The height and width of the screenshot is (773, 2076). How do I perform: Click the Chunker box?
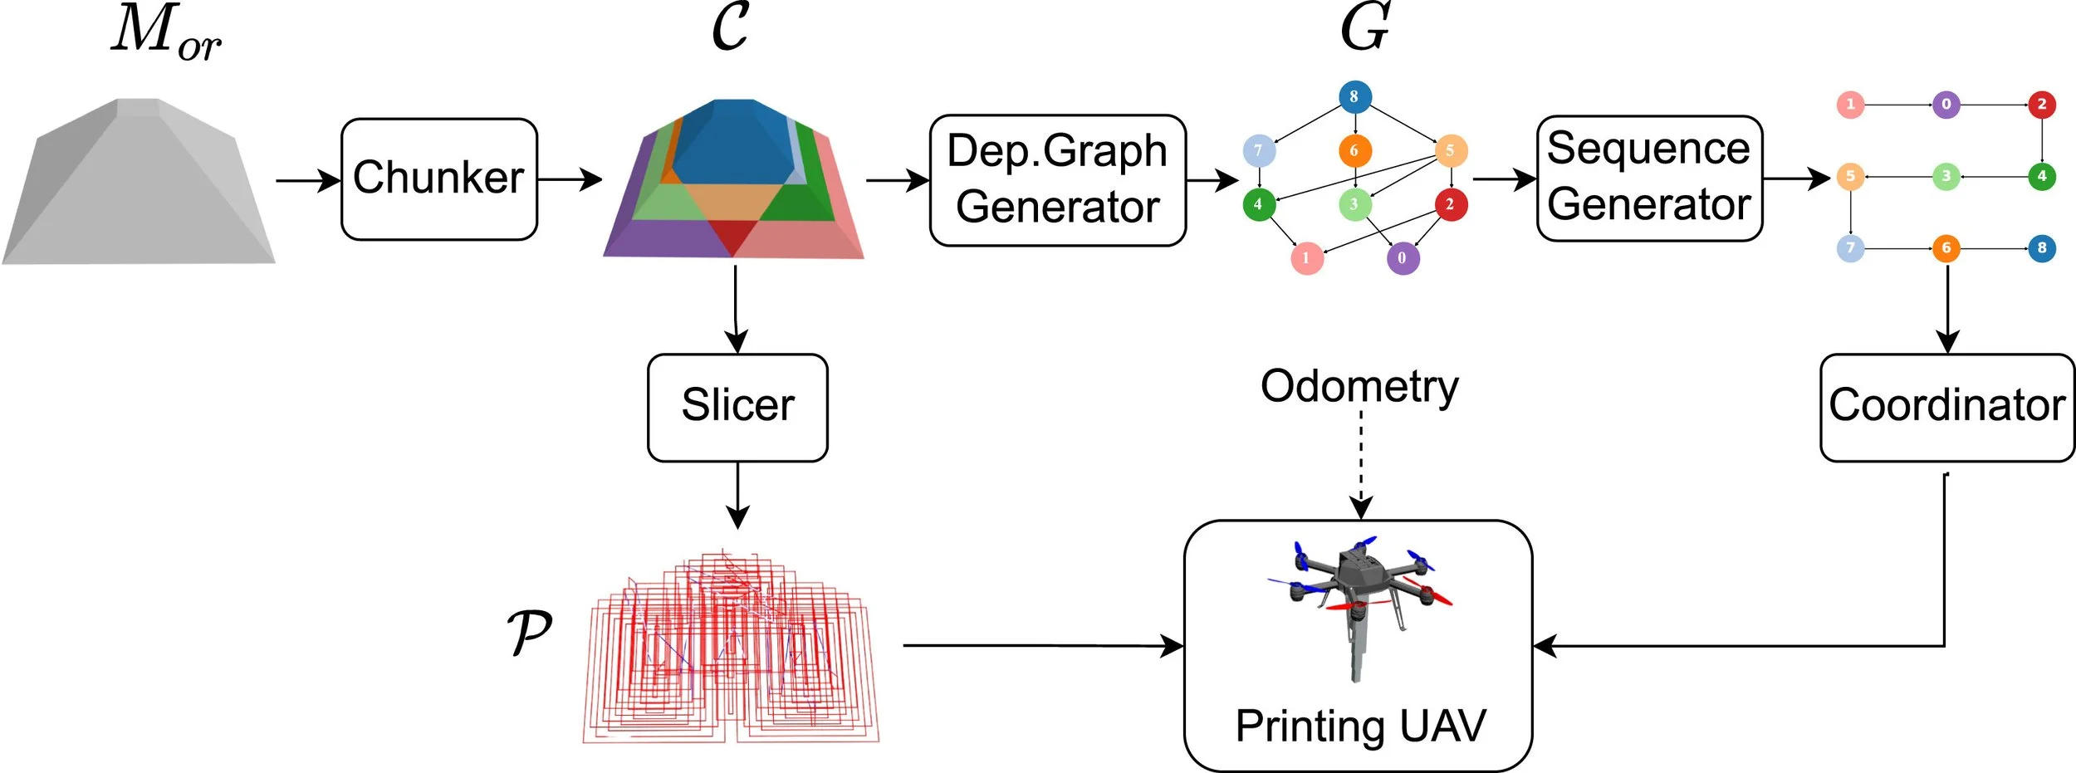[x=438, y=179]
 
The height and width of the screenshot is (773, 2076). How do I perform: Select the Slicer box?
[x=737, y=408]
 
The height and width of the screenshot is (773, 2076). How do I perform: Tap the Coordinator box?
[x=1946, y=408]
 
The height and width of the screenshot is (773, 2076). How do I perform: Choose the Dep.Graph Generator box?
[x=1057, y=180]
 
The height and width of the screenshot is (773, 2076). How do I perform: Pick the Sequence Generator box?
[x=1649, y=179]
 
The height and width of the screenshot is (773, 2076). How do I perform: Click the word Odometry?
[x=1359, y=386]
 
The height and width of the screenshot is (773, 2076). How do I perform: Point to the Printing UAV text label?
[x=1360, y=726]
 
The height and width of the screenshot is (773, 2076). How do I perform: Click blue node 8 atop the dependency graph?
[x=1354, y=96]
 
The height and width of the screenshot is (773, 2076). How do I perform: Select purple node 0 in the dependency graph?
[x=1403, y=258]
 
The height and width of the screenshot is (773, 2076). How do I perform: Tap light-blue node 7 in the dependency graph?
[x=1258, y=150]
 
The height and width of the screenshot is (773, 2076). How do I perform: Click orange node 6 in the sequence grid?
[x=1946, y=247]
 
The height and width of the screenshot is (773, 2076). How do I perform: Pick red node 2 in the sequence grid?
[x=2042, y=105]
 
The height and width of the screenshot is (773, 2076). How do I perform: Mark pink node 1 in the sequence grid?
[x=1850, y=105]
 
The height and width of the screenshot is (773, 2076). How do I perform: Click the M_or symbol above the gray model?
[x=166, y=33]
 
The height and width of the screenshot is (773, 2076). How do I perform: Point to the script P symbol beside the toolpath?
[x=529, y=633]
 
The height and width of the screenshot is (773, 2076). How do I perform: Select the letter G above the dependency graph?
[x=1364, y=27]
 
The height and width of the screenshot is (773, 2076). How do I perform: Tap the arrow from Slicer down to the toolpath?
[x=737, y=495]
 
